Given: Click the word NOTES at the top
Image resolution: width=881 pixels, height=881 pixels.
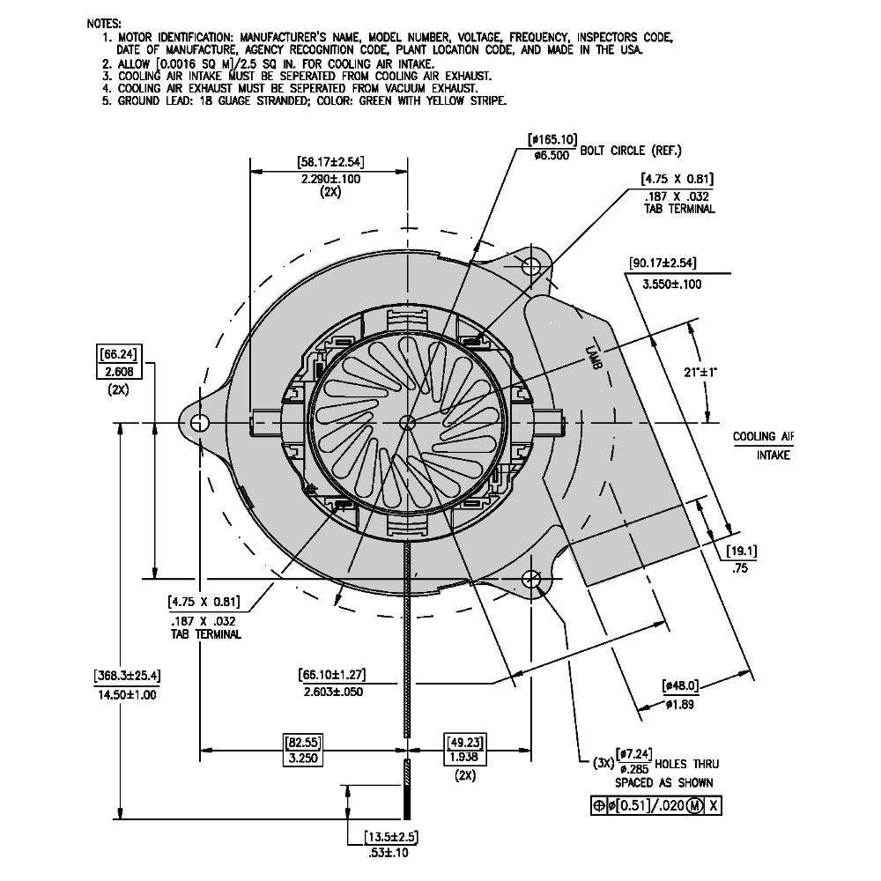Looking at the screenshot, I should (105, 23).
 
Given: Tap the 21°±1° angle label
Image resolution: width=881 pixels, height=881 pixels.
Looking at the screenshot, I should (701, 374).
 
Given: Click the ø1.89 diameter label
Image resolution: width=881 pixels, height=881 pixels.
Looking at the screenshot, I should (681, 704).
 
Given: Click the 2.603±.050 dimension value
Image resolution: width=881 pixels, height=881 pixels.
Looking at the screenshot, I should (332, 692).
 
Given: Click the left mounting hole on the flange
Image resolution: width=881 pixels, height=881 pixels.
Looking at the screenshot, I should (199, 422).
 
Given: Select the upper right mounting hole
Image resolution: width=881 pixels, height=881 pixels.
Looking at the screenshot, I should (532, 266).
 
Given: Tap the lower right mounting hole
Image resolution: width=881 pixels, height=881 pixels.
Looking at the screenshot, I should (532, 579).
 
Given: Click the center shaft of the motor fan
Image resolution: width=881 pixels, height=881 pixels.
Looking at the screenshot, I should (407, 422).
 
